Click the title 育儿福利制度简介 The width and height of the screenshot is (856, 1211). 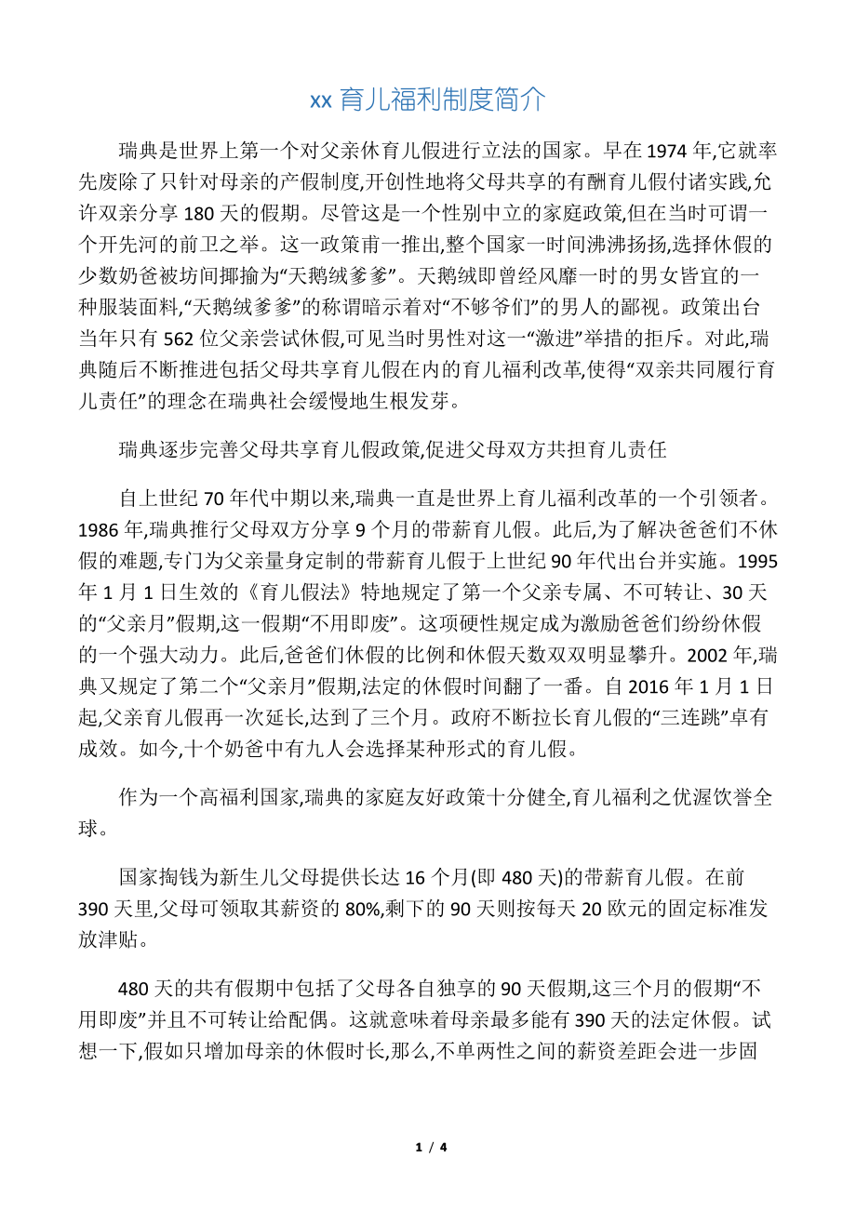click(442, 100)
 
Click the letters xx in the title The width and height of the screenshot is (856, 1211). click(321, 100)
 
